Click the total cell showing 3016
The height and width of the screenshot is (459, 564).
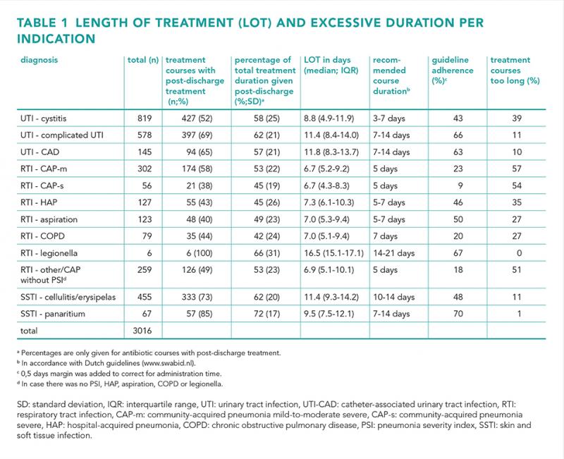pos(142,331)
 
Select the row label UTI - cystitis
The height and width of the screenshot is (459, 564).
pos(44,118)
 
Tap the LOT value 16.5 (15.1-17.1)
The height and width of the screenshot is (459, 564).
pos(333,253)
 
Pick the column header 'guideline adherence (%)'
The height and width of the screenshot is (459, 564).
pos(453,70)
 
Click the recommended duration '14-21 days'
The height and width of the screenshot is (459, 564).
pos(394,253)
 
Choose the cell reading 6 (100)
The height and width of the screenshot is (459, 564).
pos(200,253)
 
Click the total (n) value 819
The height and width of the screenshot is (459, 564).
pos(145,118)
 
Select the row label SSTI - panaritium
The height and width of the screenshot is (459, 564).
pos(53,314)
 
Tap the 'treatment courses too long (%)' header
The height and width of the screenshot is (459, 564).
pos(515,70)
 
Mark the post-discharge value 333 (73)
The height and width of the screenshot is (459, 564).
pos(197,297)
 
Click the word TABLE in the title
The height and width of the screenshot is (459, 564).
pos(37,23)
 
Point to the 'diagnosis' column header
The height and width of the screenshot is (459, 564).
pos(39,60)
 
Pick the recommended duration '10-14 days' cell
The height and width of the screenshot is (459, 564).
pos(394,297)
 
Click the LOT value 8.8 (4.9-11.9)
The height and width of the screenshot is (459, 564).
pos(329,118)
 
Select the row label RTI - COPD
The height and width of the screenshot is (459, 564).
pos(42,236)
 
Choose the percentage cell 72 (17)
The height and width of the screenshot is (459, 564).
pos(267,314)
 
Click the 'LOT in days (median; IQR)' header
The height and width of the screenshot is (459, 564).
pos(331,65)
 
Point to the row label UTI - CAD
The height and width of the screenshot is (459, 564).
pos(40,152)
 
